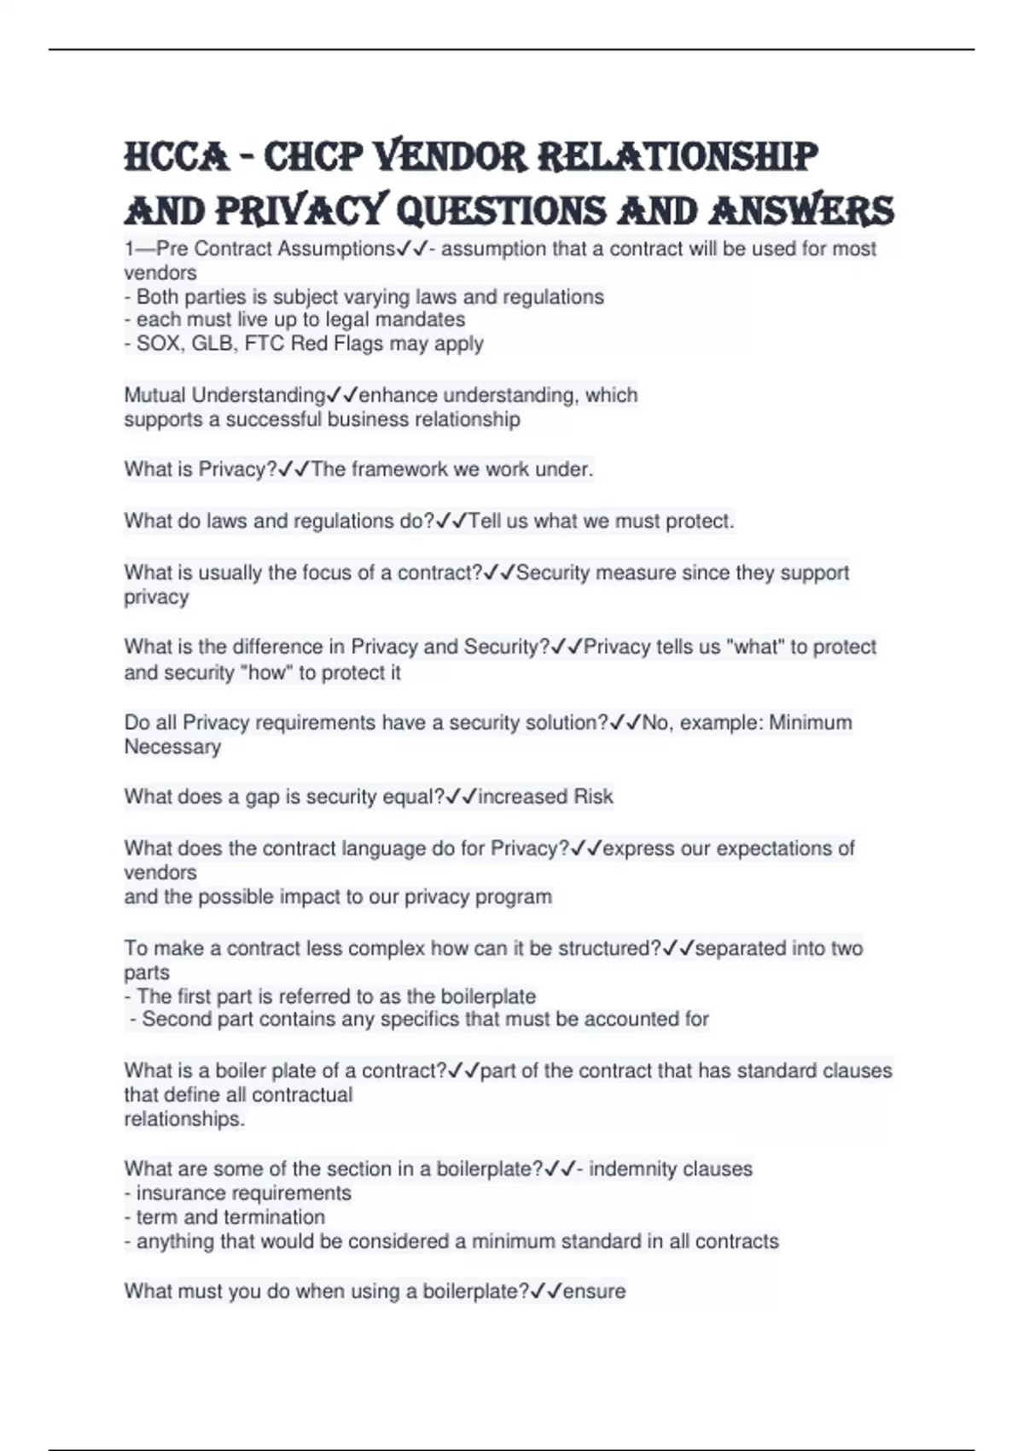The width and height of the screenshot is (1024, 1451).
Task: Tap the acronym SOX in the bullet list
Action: pyautogui.click(x=154, y=344)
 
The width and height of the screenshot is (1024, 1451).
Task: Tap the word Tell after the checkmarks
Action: pyautogui.click(x=485, y=521)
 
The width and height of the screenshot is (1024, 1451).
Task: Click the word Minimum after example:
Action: pyautogui.click(x=810, y=723)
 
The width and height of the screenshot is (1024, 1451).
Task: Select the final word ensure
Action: pyautogui.click(x=594, y=1291)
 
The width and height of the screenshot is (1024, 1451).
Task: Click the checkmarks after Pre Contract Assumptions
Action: pyautogui.click(x=412, y=249)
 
